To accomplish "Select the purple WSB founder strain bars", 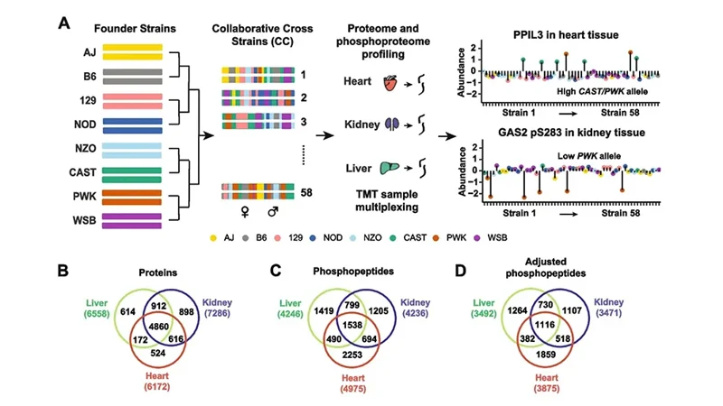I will click(x=132, y=220).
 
